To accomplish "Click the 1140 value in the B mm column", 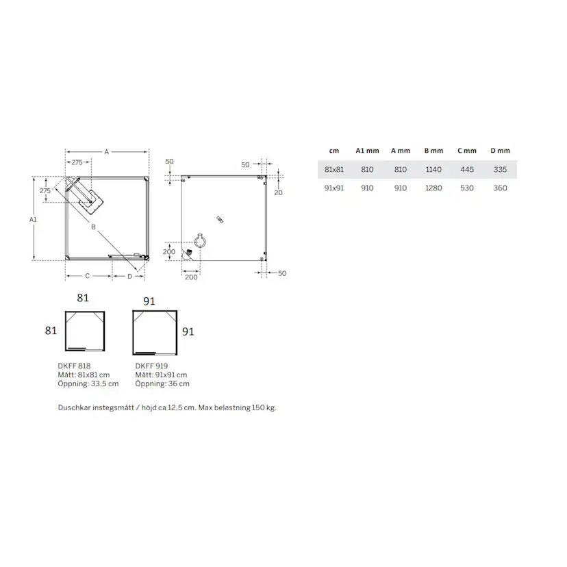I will (x=433, y=169).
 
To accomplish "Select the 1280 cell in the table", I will (x=433, y=188).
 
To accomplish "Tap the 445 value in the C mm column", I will (x=467, y=169).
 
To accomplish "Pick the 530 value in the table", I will (x=467, y=188).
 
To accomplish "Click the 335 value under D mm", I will (x=500, y=169).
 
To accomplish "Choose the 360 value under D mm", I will (x=500, y=188).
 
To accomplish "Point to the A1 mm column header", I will (x=367, y=151).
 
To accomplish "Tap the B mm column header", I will (x=433, y=151).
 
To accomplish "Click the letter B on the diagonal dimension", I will (x=92, y=227).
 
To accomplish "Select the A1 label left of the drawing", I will (x=33, y=219).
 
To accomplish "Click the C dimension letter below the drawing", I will (x=88, y=276).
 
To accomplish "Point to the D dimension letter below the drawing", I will (x=129, y=276).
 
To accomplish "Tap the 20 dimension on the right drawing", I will (x=278, y=192).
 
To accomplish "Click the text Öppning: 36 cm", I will (x=162, y=383).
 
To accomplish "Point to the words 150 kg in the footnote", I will (x=264, y=407).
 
